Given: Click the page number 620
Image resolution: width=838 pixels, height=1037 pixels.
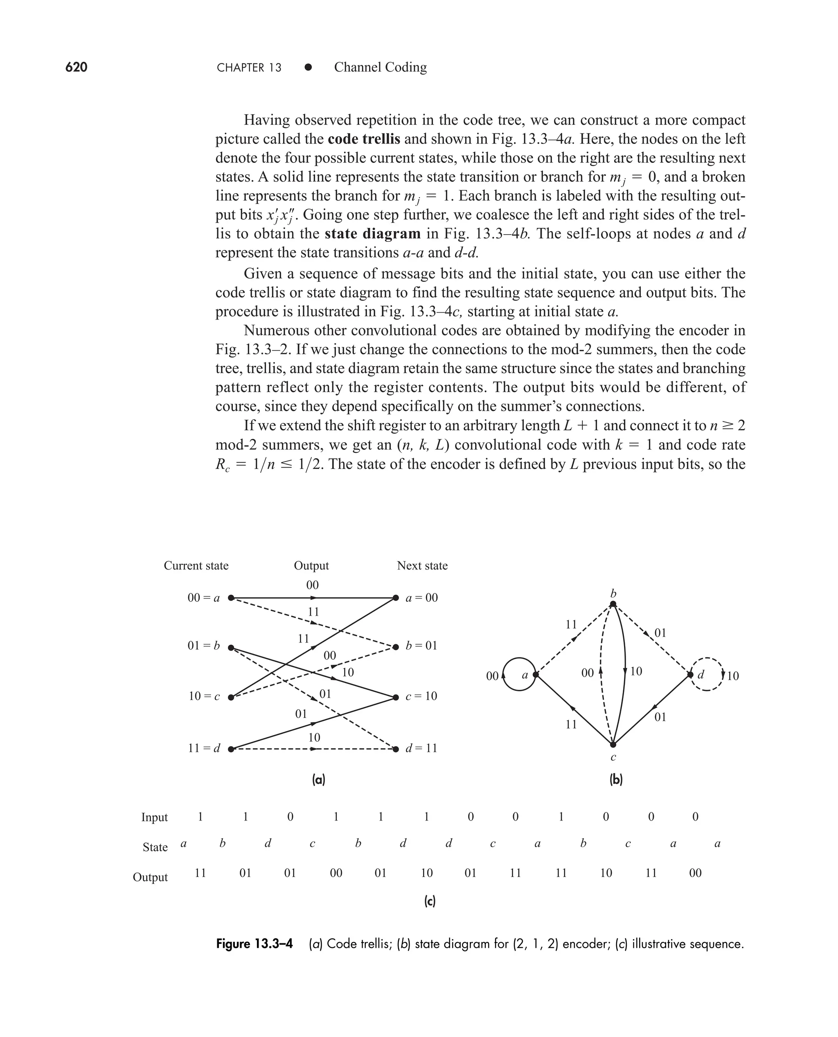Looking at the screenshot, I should (76, 67).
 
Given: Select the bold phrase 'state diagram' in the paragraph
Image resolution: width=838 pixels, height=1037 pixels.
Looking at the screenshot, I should (373, 234).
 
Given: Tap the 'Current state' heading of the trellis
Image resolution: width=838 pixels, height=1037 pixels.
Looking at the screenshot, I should (196, 566).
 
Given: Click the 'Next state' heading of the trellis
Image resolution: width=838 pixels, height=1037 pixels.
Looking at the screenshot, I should (422, 566).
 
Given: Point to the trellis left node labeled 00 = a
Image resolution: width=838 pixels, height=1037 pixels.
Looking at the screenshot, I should (231, 598).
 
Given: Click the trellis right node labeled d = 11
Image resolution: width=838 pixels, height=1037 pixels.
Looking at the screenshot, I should (396, 749).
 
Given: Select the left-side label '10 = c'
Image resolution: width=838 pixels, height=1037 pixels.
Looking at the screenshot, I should (204, 696).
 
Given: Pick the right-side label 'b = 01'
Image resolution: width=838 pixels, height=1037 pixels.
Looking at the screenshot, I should (421, 646).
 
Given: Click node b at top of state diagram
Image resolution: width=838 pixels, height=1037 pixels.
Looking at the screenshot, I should (613, 604).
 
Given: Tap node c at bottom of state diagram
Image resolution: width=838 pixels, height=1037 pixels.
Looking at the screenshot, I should (613, 745).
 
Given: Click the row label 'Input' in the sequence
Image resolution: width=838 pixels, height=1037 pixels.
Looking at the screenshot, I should (155, 817).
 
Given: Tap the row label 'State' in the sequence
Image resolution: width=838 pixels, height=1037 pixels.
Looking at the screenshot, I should (155, 847).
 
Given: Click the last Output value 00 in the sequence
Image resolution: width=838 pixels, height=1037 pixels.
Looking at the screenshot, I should (695, 873).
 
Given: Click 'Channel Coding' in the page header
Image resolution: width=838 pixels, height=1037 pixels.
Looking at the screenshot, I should (381, 67).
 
